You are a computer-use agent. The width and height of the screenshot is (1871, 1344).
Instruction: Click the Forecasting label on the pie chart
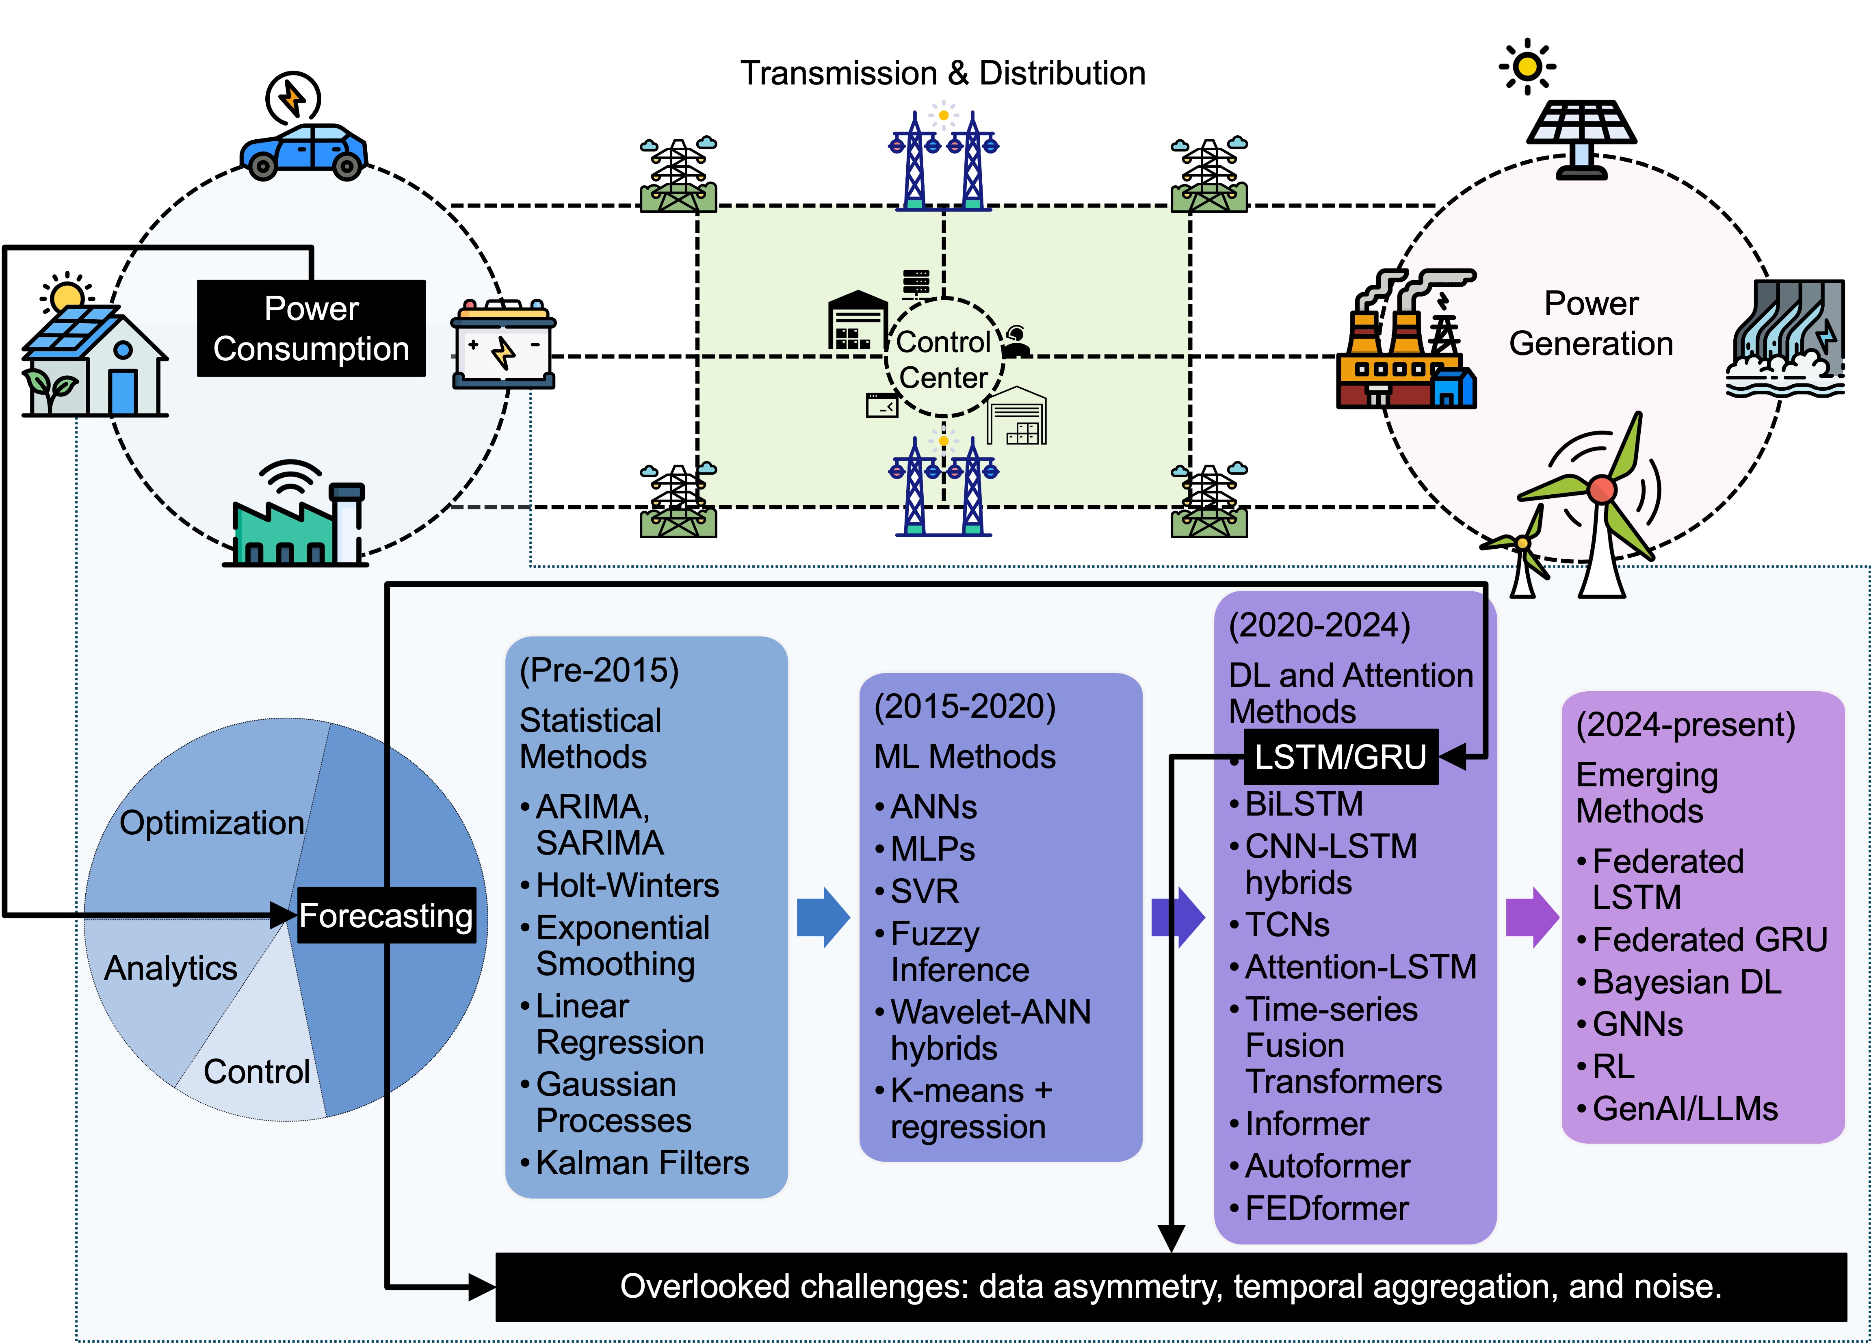tap(386, 915)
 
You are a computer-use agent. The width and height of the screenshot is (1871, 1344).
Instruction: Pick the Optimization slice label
tap(211, 822)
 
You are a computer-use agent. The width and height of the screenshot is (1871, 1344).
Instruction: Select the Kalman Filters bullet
tap(642, 1162)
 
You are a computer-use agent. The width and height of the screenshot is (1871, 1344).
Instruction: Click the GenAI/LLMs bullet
tap(1685, 1108)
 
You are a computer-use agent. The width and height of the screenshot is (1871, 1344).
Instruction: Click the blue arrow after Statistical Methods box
tap(823, 917)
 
